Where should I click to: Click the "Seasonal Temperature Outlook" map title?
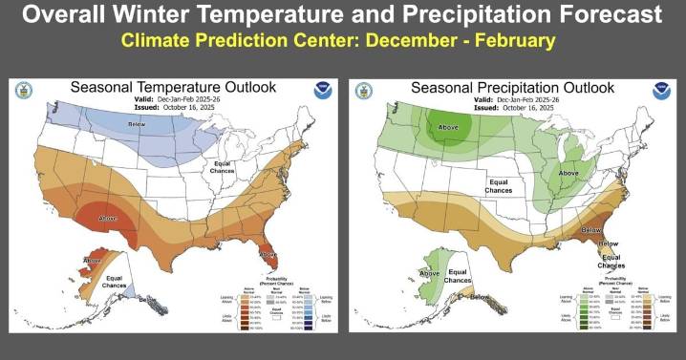pos(173,87)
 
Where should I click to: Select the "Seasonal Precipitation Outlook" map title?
pos(517,87)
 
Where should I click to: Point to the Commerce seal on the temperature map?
pos(24,91)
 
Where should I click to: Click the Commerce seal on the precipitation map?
pos(364,91)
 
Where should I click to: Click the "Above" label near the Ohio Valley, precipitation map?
pos(569,173)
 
